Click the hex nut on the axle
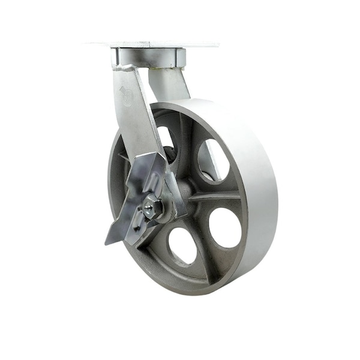tap(152, 208)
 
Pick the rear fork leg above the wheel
tap(170, 84)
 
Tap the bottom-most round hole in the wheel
tap(182, 245)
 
